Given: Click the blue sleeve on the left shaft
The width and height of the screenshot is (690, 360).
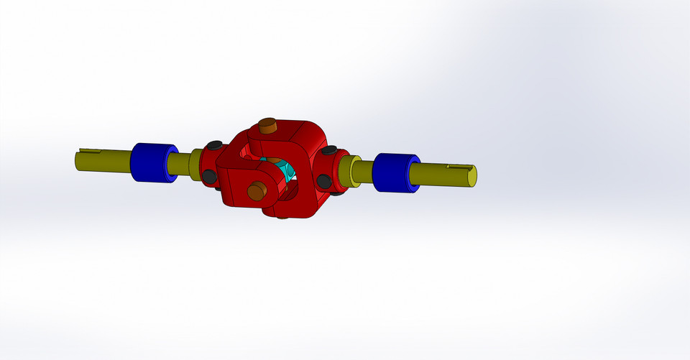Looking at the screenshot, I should point(149,162).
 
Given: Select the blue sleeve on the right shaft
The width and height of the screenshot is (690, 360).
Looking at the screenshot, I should point(392,173).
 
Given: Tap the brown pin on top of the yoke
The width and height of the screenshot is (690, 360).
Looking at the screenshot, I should point(267,126).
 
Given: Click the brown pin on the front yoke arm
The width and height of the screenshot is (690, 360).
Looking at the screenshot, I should point(256,190).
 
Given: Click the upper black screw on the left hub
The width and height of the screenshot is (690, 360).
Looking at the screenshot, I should point(215,145).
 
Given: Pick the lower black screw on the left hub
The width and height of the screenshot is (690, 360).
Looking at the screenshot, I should point(208,176).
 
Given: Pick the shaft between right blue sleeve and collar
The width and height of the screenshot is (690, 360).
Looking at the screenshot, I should point(364,172).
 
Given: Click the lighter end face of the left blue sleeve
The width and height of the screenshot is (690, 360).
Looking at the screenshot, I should point(171,165).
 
